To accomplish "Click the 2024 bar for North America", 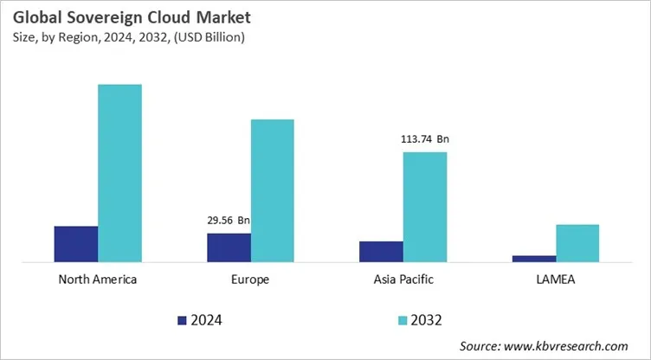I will click(75, 243).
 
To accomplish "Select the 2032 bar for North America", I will click(119, 172).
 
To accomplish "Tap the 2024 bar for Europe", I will click(229, 247).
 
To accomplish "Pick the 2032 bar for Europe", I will click(273, 190).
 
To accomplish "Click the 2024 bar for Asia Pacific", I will click(381, 251).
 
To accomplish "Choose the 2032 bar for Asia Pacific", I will click(425, 206).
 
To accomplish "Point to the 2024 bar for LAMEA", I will click(534, 258).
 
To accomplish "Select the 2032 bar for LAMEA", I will click(577, 242).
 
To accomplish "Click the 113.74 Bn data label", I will click(425, 138).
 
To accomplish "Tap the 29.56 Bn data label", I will click(229, 220).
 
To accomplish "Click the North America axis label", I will click(98, 280).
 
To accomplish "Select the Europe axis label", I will click(250, 280).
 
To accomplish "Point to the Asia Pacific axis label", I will click(403, 280).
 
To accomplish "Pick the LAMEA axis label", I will click(556, 280).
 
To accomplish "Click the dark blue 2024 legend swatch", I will click(182, 320).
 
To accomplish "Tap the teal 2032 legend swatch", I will click(403, 320).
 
